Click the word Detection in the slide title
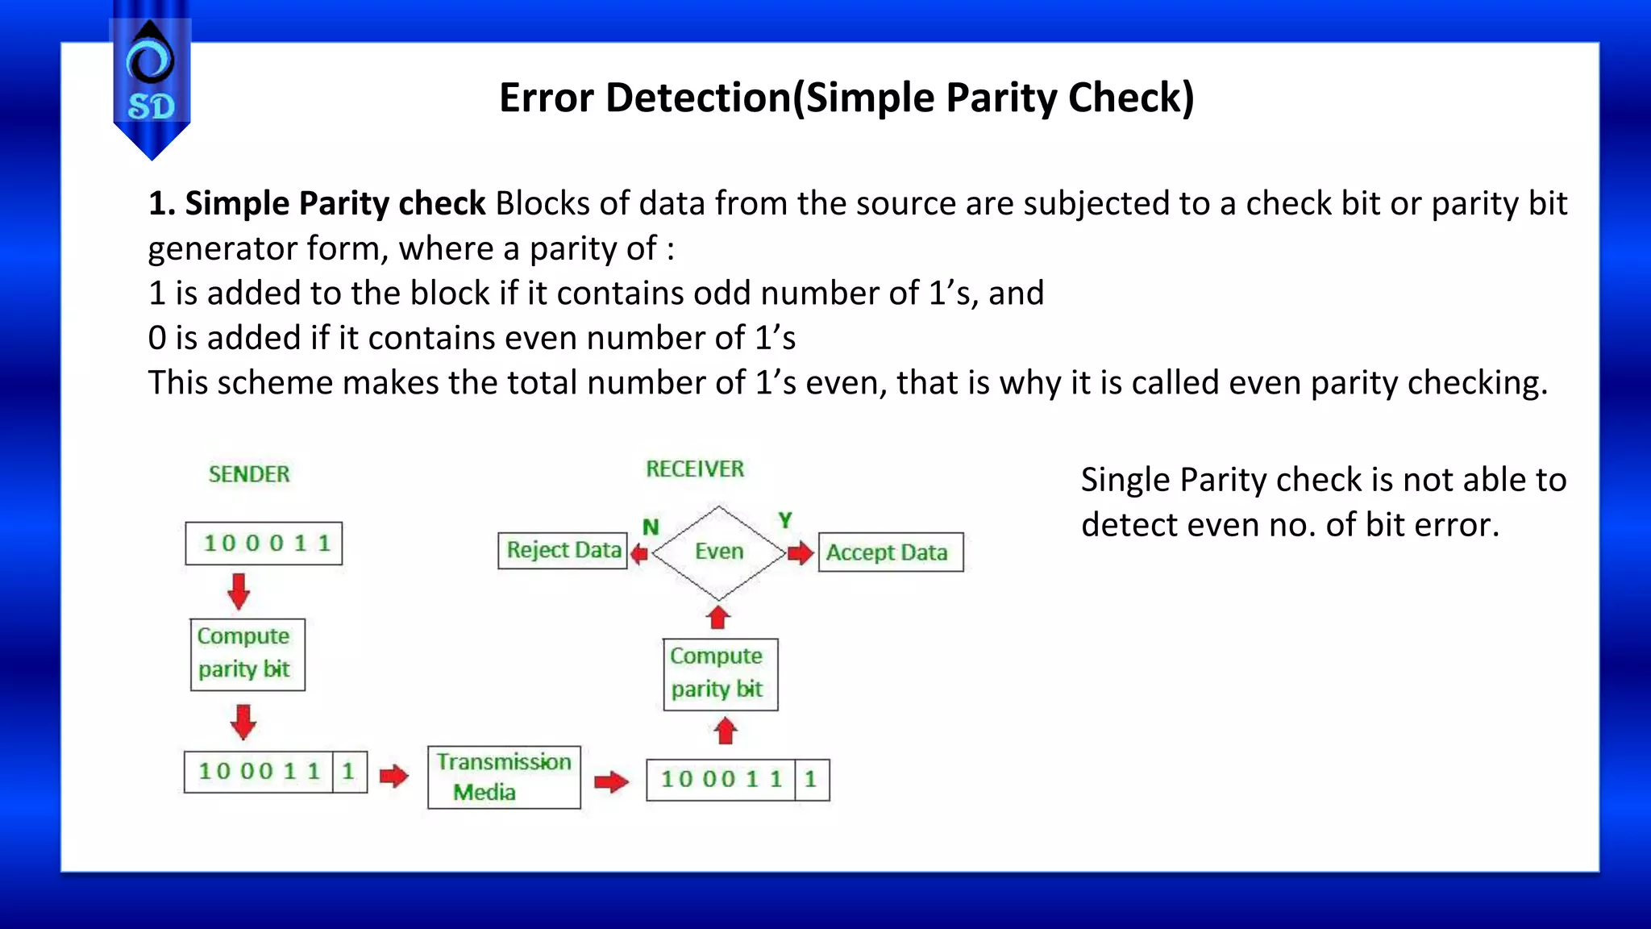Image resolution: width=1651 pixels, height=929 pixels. (x=698, y=98)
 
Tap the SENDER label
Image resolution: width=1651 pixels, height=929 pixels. (x=249, y=474)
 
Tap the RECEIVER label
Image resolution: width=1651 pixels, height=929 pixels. (x=695, y=469)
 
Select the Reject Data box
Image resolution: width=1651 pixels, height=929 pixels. (x=563, y=551)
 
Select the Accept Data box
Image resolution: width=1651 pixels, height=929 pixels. (x=891, y=552)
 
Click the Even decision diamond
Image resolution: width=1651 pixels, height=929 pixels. (x=718, y=552)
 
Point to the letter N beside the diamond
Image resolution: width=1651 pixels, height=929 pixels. (x=651, y=527)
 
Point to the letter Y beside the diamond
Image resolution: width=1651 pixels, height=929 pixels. (x=784, y=520)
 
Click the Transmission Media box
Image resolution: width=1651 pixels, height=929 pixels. (x=504, y=777)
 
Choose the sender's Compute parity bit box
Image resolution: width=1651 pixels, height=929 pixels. (x=247, y=654)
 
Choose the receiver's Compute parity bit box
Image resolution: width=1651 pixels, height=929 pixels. (x=720, y=674)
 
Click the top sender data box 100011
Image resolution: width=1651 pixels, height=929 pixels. (x=264, y=544)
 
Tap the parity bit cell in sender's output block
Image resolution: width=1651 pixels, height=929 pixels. (x=349, y=772)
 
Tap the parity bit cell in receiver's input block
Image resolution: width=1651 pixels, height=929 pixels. (x=811, y=779)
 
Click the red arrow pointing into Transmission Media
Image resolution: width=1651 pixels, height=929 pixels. (x=394, y=777)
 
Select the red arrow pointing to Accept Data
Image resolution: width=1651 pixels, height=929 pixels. (x=801, y=553)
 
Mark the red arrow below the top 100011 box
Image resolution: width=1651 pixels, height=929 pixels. (x=239, y=591)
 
